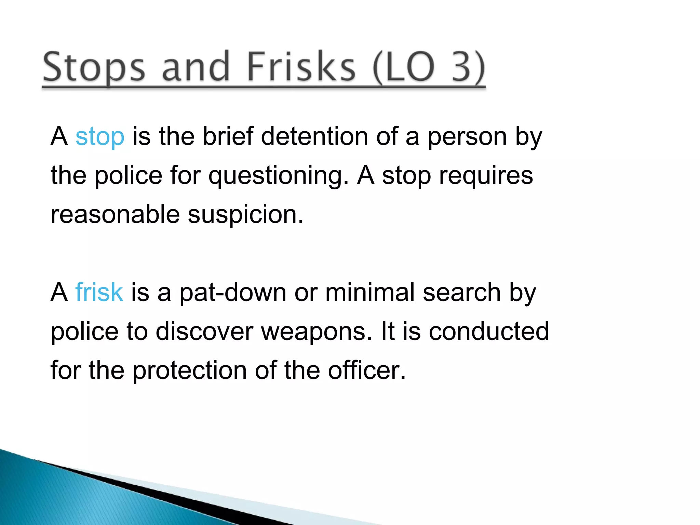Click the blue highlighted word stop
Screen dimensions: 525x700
[x=100, y=137]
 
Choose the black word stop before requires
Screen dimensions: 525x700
[x=406, y=175]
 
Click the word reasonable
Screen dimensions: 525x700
[x=115, y=214]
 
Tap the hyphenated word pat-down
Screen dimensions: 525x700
[x=233, y=293]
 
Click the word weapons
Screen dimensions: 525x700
[x=317, y=332]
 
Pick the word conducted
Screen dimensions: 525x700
[x=489, y=331]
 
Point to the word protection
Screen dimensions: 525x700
[x=190, y=371]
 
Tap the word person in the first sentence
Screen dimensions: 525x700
[x=467, y=137]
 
